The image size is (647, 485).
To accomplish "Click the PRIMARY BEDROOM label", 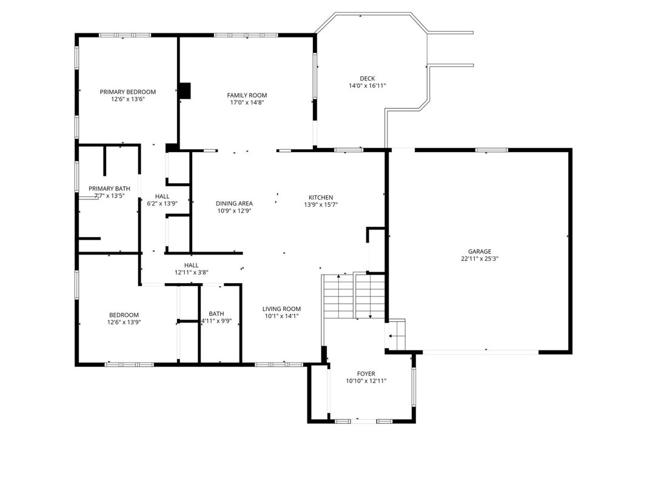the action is [128, 92].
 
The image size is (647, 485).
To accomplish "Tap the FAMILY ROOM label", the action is [247, 95].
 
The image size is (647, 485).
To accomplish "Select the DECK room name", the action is [367, 78].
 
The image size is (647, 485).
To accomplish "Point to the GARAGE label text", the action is [480, 251].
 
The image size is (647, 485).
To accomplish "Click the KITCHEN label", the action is [321, 198].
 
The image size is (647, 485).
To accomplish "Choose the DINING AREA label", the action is [235, 203].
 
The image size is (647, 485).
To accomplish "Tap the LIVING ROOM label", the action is [282, 309].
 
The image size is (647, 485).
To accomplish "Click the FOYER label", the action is [366, 373].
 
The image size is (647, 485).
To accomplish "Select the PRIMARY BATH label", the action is [109, 189].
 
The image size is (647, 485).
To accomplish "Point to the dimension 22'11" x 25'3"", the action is [480, 259].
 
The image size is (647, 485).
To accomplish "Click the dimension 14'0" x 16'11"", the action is [367, 85].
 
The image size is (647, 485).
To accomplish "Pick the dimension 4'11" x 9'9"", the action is [216, 321].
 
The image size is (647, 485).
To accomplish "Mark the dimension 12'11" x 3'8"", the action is [192, 272].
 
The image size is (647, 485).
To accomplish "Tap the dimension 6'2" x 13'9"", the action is [162, 203].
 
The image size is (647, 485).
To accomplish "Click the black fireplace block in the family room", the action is [185, 91].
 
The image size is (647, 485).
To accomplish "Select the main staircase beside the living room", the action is [354, 296].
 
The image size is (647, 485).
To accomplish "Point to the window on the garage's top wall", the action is [492, 150].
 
